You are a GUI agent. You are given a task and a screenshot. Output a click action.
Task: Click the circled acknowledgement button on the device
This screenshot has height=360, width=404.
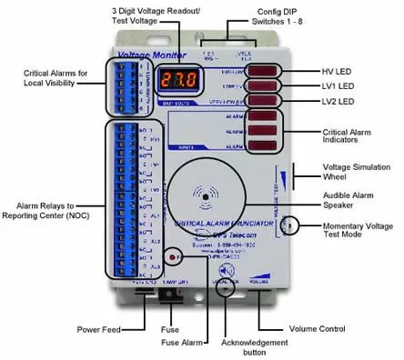pyautogui.click(x=227, y=272)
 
